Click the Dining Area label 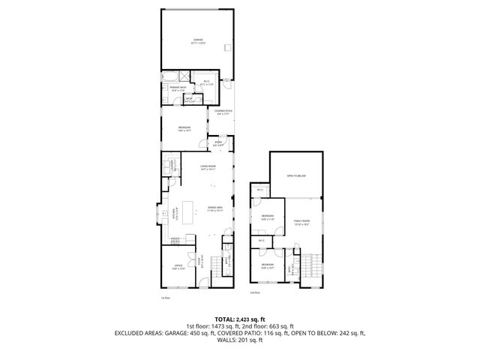215,211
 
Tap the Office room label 178,266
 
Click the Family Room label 301,221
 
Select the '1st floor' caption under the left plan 166,298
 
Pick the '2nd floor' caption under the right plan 255,292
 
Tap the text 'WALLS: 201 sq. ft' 240,340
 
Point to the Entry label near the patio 219,144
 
